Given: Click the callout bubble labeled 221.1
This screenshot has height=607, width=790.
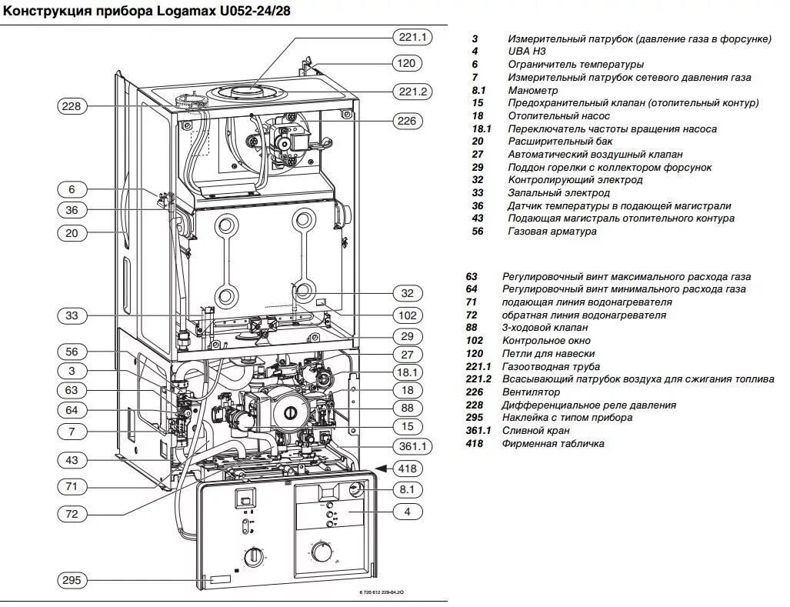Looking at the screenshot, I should coord(413,37).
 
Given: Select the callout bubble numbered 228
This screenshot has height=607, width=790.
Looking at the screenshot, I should coord(72,107).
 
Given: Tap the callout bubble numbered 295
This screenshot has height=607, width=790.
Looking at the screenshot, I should coord(72,580).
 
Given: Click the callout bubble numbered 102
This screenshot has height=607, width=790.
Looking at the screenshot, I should coord(408,315).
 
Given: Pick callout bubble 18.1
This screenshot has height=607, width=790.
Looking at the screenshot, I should coord(408,372).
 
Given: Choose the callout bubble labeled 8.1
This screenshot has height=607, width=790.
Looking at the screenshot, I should coord(408,489).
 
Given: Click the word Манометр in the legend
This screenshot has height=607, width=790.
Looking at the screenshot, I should coord(533,91).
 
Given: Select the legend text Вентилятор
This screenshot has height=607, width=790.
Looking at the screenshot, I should coord(531,392).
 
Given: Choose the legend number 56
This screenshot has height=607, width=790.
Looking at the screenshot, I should coord(478,232).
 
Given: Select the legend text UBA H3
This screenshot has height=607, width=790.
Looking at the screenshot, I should coord(527,52).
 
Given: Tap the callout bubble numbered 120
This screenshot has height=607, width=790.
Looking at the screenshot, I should coord(408,63).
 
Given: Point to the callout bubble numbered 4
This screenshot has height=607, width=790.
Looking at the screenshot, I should coord(408,511).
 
